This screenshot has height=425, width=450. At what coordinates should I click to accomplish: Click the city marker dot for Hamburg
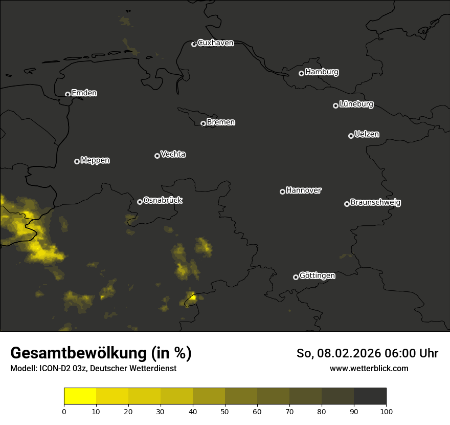[x=301, y=73]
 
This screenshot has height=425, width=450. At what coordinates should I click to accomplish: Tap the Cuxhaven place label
[x=215, y=43]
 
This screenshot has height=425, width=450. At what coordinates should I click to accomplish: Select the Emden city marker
[x=67, y=94]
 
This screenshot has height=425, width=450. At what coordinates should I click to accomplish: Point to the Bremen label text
[x=221, y=122]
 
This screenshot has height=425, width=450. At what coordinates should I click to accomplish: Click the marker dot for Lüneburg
[x=335, y=105]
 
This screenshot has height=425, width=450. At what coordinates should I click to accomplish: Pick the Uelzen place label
[x=367, y=134]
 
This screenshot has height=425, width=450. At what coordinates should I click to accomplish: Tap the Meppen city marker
[x=77, y=161]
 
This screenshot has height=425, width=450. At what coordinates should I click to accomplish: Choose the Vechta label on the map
[x=173, y=154]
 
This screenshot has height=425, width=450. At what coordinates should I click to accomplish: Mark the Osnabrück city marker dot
[x=140, y=202]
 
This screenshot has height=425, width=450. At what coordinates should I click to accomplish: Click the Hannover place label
[x=304, y=190]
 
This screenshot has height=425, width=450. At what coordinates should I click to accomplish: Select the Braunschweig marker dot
[x=347, y=204]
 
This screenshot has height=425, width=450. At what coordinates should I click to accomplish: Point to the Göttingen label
[x=317, y=275]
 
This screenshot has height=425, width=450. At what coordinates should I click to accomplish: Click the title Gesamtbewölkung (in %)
[x=101, y=353]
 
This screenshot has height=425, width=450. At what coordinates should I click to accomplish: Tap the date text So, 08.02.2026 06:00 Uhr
[x=367, y=353]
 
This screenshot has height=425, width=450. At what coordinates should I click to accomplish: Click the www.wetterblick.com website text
[x=369, y=368]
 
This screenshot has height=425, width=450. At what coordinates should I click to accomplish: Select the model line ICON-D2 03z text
[x=93, y=368]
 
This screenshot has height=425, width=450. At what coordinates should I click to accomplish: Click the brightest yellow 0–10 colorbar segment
[x=80, y=396]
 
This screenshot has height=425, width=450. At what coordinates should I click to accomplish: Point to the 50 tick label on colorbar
[x=225, y=411]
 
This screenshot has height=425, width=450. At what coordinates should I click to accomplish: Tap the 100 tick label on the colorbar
[x=386, y=411]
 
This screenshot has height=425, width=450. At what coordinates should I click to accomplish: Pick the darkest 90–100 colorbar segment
[x=370, y=396]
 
